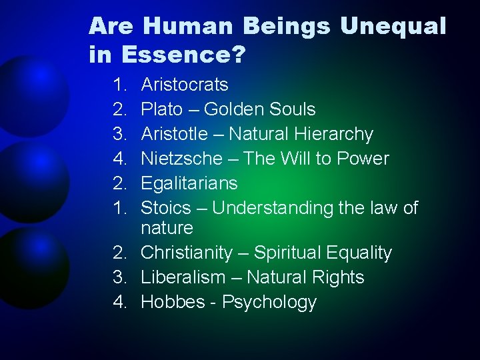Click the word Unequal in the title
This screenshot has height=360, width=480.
(393, 27)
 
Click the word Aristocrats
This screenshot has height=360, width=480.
(185, 85)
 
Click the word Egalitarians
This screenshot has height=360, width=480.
(189, 183)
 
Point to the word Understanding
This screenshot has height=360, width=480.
(269, 208)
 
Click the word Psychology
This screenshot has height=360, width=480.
(269, 302)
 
